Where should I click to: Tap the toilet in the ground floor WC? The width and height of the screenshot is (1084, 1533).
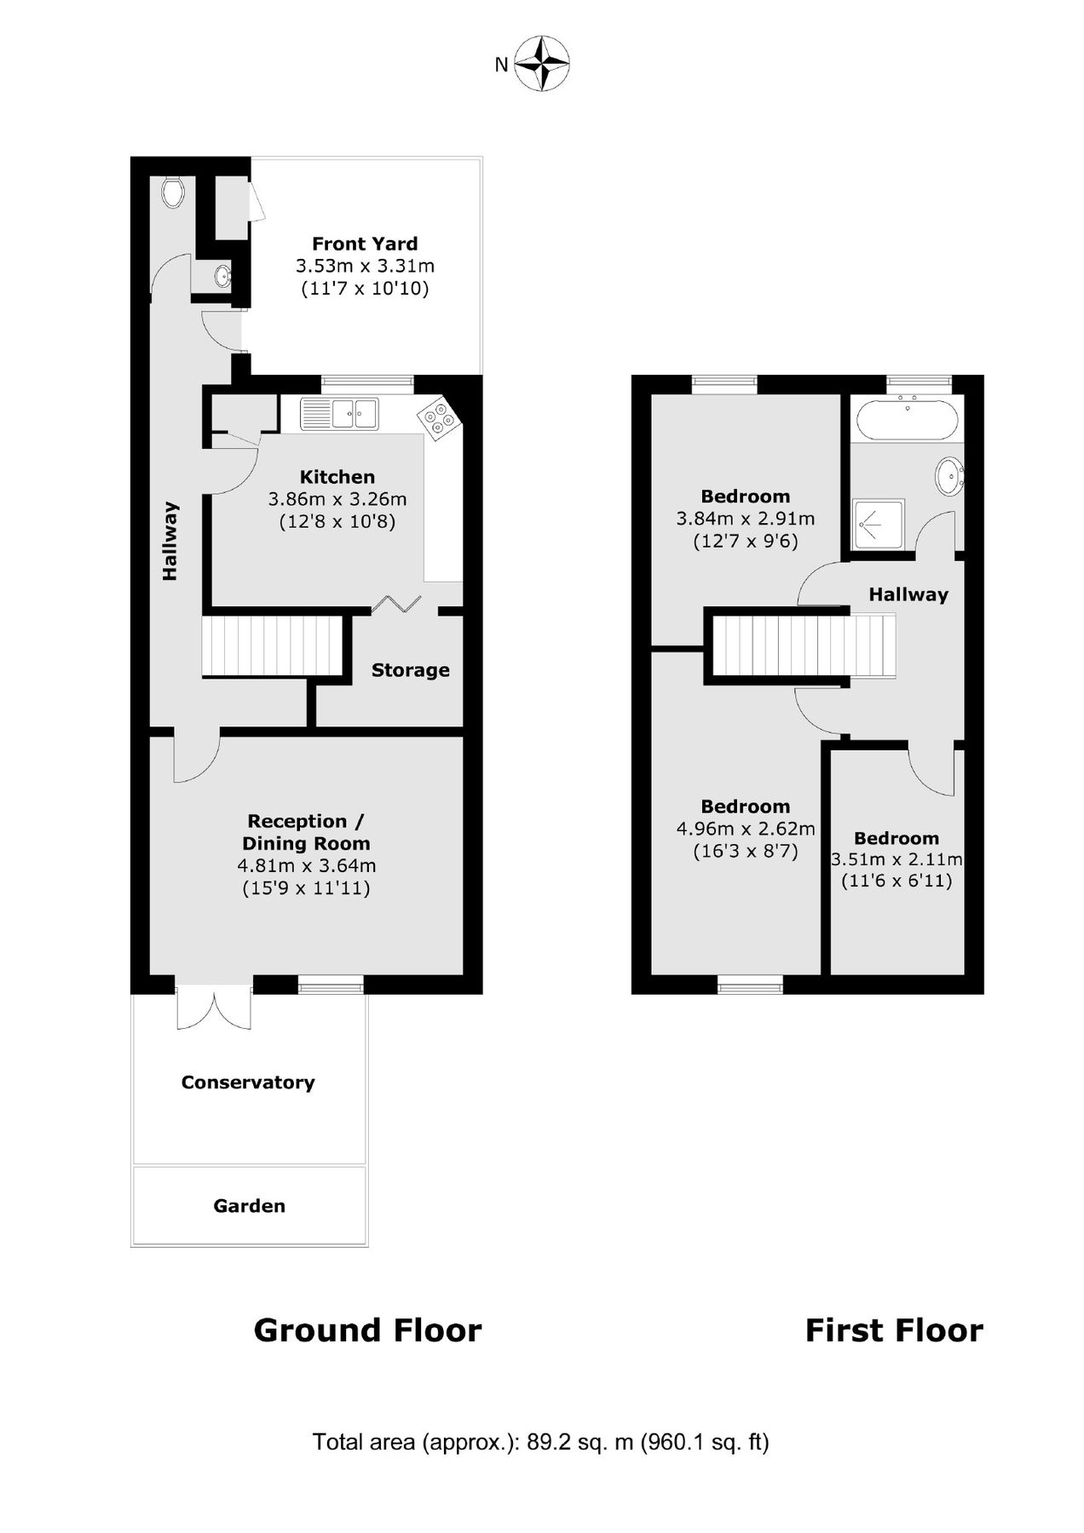point(173,192)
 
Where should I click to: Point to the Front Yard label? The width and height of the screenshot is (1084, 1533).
point(365,244)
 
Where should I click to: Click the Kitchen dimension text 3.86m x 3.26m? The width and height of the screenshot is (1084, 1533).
point(337,499)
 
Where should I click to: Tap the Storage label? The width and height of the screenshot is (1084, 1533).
point(410,670)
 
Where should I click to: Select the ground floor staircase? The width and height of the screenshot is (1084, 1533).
point(272,646)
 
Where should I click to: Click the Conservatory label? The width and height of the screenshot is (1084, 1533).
point(248,1082)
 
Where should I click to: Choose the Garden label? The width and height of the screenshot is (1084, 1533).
point(249,1206)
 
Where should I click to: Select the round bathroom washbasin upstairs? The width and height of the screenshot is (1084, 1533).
point(950,476)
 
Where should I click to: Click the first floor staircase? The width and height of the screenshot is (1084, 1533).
point(804,646)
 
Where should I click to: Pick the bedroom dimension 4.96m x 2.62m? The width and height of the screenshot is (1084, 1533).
point(746,829)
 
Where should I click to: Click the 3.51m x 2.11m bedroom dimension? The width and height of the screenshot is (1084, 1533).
point(897,859)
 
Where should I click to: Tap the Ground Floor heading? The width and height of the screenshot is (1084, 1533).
point(367,1330)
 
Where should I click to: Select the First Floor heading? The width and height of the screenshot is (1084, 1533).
point(894,1330)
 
